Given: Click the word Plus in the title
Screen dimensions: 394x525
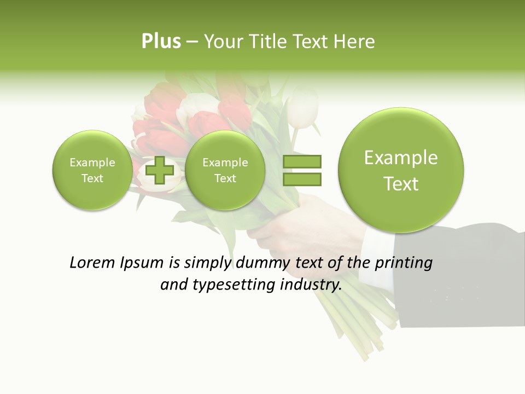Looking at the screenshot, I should (161, 42).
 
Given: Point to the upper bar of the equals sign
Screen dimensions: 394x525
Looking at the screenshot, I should (301, 161).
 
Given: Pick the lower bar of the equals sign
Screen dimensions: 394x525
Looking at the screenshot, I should (301, 179).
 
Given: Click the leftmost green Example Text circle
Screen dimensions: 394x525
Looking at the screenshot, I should (92, 170).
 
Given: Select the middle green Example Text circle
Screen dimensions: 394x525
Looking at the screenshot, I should (225, 170).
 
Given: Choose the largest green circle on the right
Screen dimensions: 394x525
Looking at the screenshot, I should (401, 170).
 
